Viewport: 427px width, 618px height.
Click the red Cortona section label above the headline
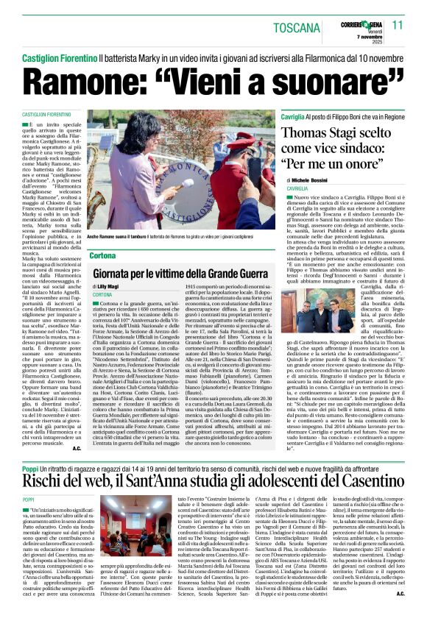[102, 255]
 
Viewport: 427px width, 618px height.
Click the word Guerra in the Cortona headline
[244, 272]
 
